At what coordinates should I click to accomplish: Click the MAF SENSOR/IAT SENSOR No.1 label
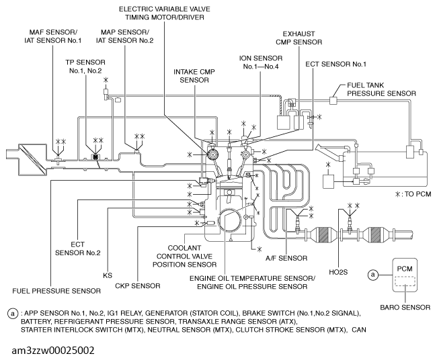click(x=53, y=36)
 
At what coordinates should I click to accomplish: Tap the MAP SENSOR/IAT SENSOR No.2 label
click(x=124, y=36)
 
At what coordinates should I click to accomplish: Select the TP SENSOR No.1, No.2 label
click(x=85, y=66)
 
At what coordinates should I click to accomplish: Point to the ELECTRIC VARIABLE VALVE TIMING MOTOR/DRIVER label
click(x=165, y=13)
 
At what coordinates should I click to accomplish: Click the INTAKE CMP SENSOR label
click(x=194, y=76)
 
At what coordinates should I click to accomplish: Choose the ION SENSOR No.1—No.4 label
click(x=261, y=62)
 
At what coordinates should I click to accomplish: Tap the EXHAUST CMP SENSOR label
click(x=299, y=38)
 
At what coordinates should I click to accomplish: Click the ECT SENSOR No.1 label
click(x=336, y=64)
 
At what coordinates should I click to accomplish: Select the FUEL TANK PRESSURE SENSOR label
click(x=381, y=89)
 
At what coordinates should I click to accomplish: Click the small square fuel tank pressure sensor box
click(x=333, y=100)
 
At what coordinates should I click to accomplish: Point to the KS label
click(x=108, y=275)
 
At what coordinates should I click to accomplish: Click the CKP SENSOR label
click(x=138, y=286)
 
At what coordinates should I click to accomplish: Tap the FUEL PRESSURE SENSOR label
click(x=56, y=291)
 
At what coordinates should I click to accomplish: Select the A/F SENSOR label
click(x=286, y=259)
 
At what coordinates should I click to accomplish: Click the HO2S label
click(x=338, y=272)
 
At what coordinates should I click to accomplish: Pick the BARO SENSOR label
click(x=405, y=308)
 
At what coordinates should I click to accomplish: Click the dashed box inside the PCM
click(x=405, y=281)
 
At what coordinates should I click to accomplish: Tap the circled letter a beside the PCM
click(x=373, y=275)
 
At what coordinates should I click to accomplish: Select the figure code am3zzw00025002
click(x=53, y=350)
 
